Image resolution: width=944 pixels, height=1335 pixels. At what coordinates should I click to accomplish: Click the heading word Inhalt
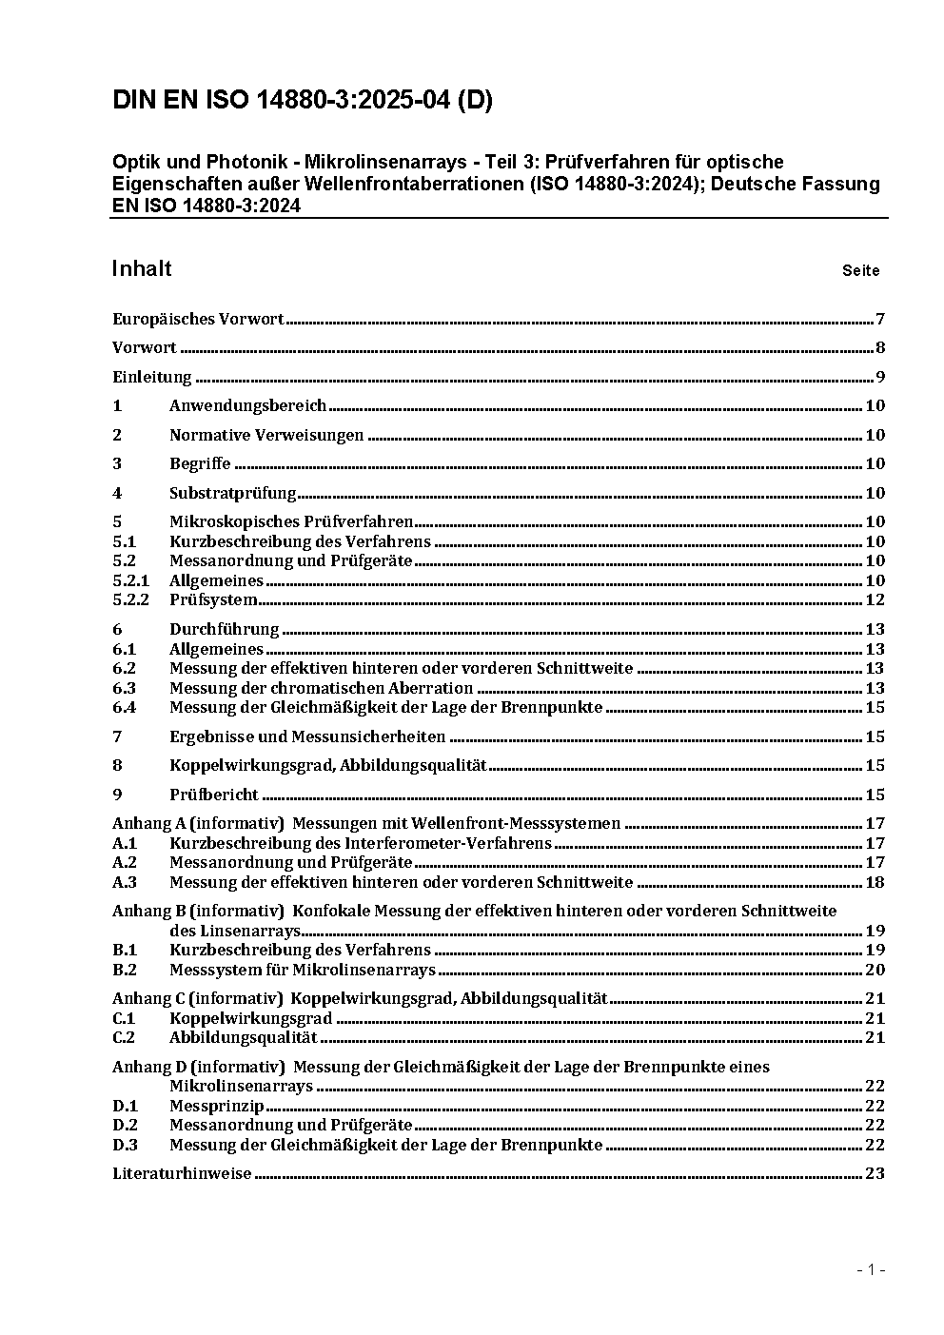coord(142,268)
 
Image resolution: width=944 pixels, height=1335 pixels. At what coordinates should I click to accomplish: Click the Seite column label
coord(860,271)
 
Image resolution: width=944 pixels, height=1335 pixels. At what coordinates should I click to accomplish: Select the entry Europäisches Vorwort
coord(198,319)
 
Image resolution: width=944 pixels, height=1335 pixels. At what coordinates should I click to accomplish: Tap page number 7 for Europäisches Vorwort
coord(880,319)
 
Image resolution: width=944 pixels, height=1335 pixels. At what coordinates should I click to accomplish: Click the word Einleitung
coord(152,377)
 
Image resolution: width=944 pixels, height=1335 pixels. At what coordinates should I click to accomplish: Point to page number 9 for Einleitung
coord(880,377)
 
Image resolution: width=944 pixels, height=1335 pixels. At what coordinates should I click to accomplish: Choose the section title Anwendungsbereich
coord(247,406)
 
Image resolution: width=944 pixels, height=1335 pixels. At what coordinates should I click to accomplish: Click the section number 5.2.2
coord(131,599)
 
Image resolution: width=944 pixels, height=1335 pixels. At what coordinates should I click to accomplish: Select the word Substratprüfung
coord(233,493)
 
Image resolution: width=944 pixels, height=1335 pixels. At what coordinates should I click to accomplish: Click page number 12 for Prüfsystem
coord(875,599)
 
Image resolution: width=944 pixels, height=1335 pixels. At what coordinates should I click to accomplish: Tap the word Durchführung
coord(225,629)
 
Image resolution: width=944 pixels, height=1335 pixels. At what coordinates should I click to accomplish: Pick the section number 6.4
coord(125,707)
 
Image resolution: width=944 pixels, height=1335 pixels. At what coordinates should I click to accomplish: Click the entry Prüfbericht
coord(214,795)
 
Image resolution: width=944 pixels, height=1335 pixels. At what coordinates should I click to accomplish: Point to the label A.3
coord(125,882)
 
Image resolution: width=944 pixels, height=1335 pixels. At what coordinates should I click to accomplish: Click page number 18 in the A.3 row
coord(875,882)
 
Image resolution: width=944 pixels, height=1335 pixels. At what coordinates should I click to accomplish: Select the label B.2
coord(125,970)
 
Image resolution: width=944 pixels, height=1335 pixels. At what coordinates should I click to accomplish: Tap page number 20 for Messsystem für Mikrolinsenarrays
coord(875,970)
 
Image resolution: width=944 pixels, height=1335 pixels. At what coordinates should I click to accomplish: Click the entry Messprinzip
coord(216,1106)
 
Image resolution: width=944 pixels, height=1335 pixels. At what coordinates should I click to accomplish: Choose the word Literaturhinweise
coord(182,1173)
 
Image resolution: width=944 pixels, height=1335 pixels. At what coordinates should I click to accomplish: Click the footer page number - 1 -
coord(871,1270)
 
